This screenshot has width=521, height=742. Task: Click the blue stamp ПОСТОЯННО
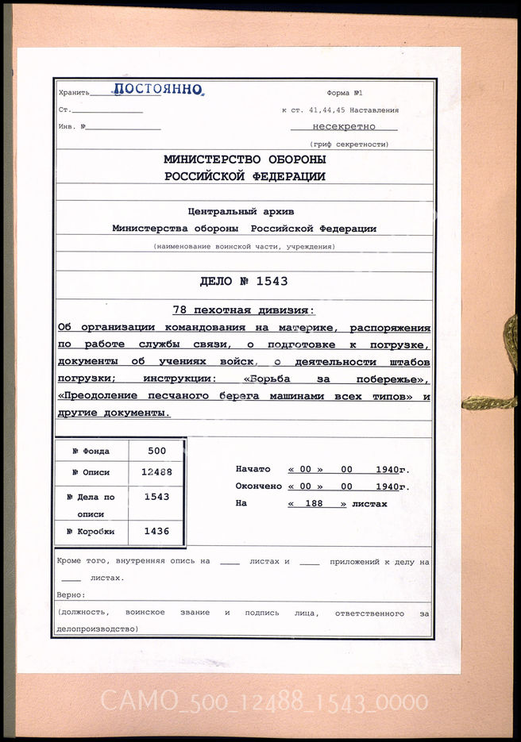tap(157, 90)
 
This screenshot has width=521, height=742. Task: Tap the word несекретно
tap(343, 127)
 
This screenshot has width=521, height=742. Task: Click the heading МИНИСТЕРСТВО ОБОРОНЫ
tap(245, 160)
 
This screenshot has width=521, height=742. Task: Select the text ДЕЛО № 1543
tap(244, 281)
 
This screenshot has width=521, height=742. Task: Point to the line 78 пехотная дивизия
tap(244, 309)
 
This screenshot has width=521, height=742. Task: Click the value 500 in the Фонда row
tap(156, 451)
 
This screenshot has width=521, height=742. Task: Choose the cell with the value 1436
tap(156, 532)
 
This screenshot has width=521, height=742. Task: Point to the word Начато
tap(253, 469)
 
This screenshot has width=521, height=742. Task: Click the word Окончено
tap(257, 486)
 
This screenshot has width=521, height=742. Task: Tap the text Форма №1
tap(344, 93)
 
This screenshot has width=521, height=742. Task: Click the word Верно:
tap(71, 594)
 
